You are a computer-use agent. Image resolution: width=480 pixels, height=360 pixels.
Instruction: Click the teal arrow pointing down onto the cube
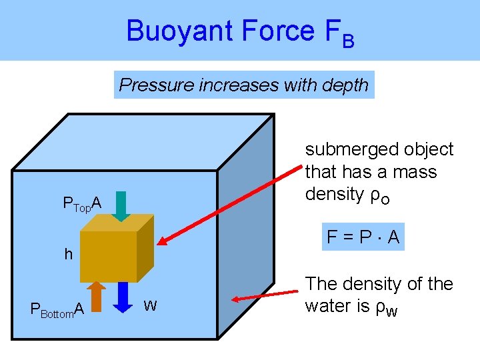[120, 205]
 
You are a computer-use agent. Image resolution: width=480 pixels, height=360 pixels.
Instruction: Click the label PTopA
[81, 204]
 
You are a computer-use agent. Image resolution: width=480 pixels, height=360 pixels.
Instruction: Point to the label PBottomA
[57, 309]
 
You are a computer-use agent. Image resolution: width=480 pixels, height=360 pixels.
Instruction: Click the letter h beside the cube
[68, 254]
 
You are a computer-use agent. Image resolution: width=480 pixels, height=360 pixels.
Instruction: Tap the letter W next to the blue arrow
[151, 306]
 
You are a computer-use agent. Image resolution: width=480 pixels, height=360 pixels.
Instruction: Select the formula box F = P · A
[363, 237]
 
